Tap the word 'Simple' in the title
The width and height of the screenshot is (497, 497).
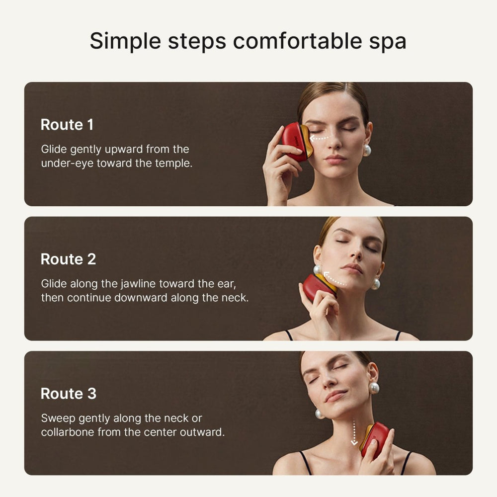click(x=126, y=42)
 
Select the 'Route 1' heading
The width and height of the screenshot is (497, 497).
click(x=67, y=125)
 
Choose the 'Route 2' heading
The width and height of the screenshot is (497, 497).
click(x=68, y=259)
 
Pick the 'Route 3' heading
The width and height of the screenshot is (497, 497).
click(x=68, y=394)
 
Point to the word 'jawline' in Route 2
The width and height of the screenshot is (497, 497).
click(x=137, y=284)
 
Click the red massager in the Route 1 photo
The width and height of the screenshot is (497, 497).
click(x=295, y=141)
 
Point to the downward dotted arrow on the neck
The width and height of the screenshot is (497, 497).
click(x=354, y=431)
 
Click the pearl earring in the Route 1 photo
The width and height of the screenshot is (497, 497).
click(x=367, y=150)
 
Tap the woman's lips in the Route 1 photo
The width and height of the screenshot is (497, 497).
click(x=336, y=159)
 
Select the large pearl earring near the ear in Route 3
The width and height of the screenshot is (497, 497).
click(x=374, y=388)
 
